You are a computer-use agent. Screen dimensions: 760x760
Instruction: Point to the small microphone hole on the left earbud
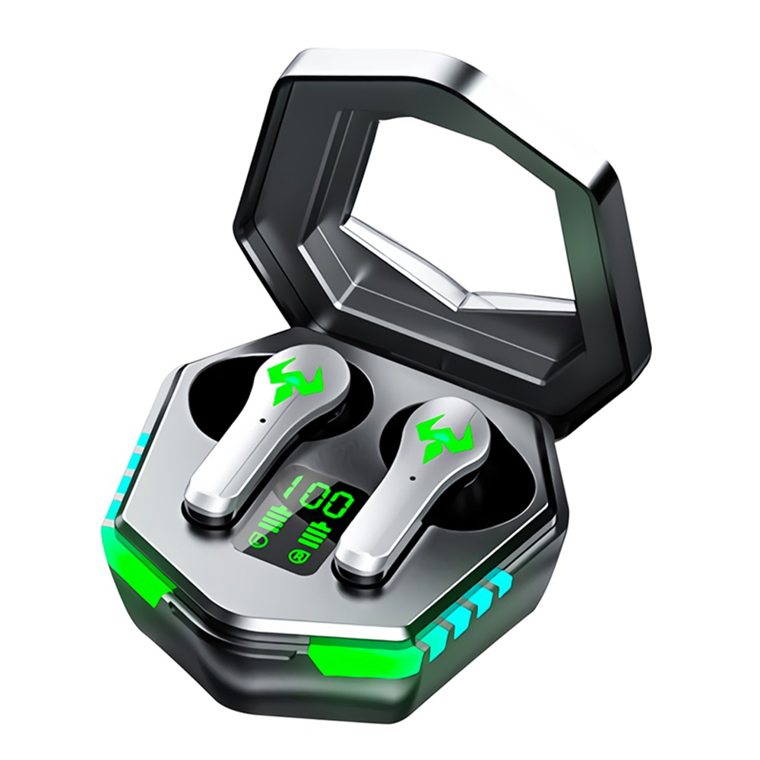pyautogui.click(x=261, y=420)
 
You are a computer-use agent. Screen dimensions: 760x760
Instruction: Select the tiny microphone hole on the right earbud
pyautogui.click(x=413, y=480)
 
